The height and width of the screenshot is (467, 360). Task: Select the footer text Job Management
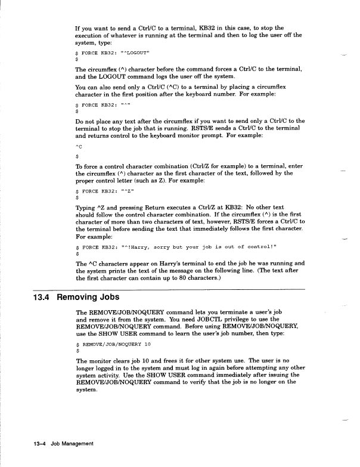click(x=72, y=444)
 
